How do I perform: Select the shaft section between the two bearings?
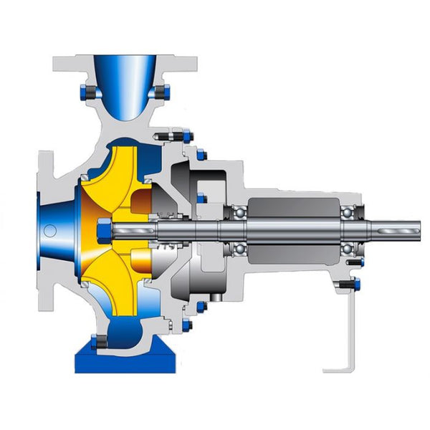[x=294, y=230]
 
